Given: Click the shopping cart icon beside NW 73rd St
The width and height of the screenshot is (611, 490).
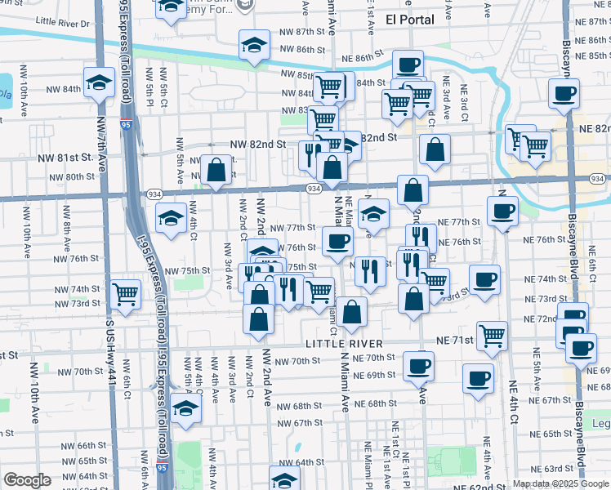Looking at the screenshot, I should coord(125,293).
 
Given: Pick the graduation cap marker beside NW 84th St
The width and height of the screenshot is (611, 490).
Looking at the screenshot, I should coord(99,82).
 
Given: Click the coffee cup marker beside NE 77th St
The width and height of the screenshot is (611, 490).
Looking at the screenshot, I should coord(502,212).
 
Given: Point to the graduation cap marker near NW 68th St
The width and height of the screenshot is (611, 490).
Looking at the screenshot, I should coord(186,408).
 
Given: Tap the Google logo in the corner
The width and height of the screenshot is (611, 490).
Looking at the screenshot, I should coord(29,480).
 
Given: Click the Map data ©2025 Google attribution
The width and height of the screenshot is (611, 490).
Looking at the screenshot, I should coord(559,483).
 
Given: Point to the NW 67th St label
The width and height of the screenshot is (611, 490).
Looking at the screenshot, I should coord(299,423).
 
